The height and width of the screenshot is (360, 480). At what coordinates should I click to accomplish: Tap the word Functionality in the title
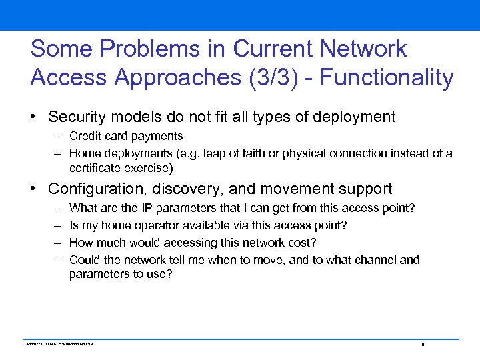click(x=387, y=78)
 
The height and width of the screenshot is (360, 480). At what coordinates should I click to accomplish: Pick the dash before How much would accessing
click(x=57, y=243)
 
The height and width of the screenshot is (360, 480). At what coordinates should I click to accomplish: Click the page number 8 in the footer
click(x=423, y=345)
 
